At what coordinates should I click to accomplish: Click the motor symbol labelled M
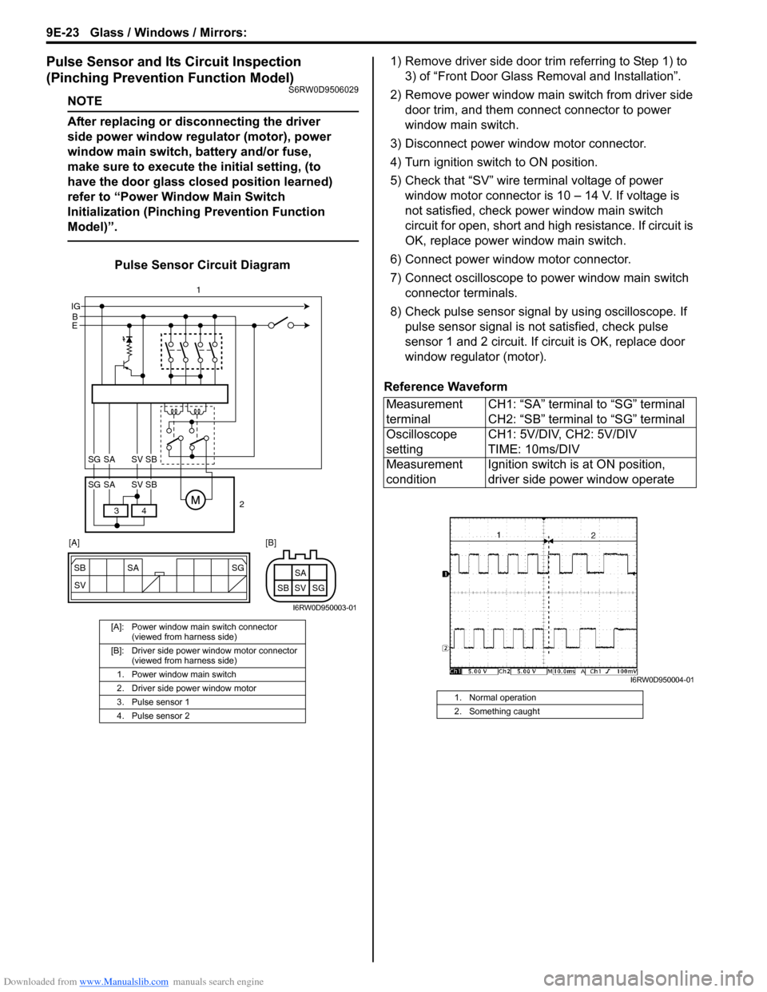pos(195,501)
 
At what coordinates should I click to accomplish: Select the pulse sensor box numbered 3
pos(117,510)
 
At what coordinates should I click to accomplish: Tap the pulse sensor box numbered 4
pos(144,510)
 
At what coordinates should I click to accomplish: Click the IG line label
pos(76,306)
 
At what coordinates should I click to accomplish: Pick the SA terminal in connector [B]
pos(300,573)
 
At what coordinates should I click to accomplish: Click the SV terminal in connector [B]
pos(300,588)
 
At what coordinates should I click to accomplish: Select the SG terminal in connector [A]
pos(237,568)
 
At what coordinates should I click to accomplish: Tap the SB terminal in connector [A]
pos(80,568)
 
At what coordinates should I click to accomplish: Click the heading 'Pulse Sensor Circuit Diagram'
pos(202,265)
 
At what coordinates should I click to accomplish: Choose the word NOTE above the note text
pos(85,101)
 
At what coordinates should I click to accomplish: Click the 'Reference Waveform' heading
pos(446,387)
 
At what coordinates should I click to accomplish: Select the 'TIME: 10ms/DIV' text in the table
pos(534,449)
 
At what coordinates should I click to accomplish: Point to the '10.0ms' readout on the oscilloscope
pos(563,671)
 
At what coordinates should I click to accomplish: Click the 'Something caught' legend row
pos(504,711)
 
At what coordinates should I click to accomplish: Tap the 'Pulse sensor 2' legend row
pos(161,716)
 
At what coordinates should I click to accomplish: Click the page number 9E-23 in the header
pos(62,33)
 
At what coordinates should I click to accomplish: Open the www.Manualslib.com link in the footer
pos(124,982)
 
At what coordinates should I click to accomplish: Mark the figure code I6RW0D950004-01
pos(662,681)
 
